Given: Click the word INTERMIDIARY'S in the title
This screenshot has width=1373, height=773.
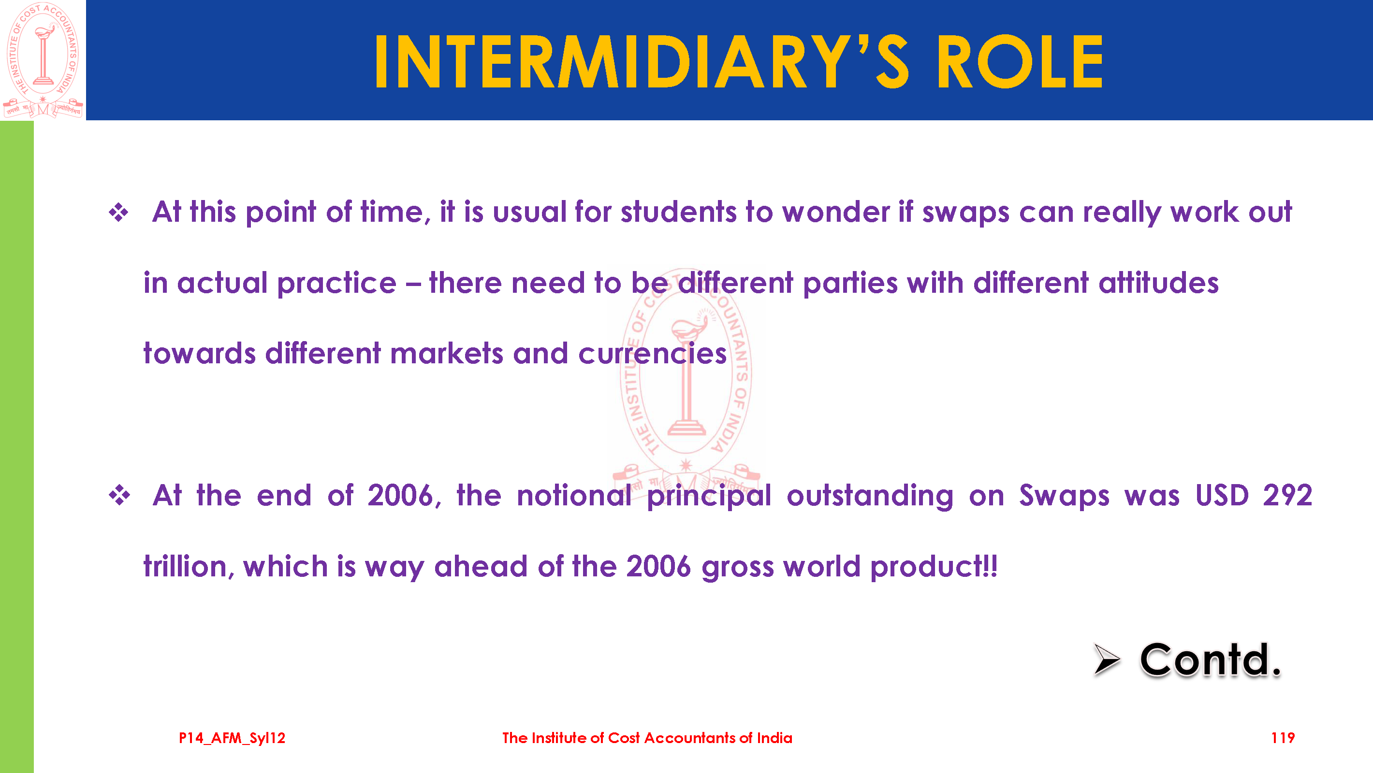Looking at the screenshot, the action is (x=642, y=61).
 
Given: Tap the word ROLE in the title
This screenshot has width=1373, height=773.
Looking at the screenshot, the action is (x=1020, y=61).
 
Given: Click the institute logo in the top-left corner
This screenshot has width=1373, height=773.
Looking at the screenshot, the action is (x=43, y=60).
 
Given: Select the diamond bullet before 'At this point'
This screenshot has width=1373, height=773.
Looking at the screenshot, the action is (x=118, y=213).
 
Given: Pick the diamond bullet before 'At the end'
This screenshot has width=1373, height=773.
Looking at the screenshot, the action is (x=119, y=495).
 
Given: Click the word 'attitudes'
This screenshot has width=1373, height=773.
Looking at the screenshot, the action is (x=1159, y=283).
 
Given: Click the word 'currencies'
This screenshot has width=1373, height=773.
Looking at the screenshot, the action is (x=652, y=354).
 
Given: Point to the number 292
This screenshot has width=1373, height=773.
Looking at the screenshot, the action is (x=1288, y=495).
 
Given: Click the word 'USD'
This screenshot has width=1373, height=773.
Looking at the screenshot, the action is (x=1222, y=495).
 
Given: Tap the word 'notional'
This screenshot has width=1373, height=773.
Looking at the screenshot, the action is (x=574, y=495).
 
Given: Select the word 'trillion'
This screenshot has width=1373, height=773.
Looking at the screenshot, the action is (x=186, y=566).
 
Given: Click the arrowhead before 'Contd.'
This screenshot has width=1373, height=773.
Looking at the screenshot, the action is (x=1107, y=659).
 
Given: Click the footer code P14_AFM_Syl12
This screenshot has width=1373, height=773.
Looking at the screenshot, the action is (x=232, y=738).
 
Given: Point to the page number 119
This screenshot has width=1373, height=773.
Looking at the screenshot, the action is (x=1283, y=738).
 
